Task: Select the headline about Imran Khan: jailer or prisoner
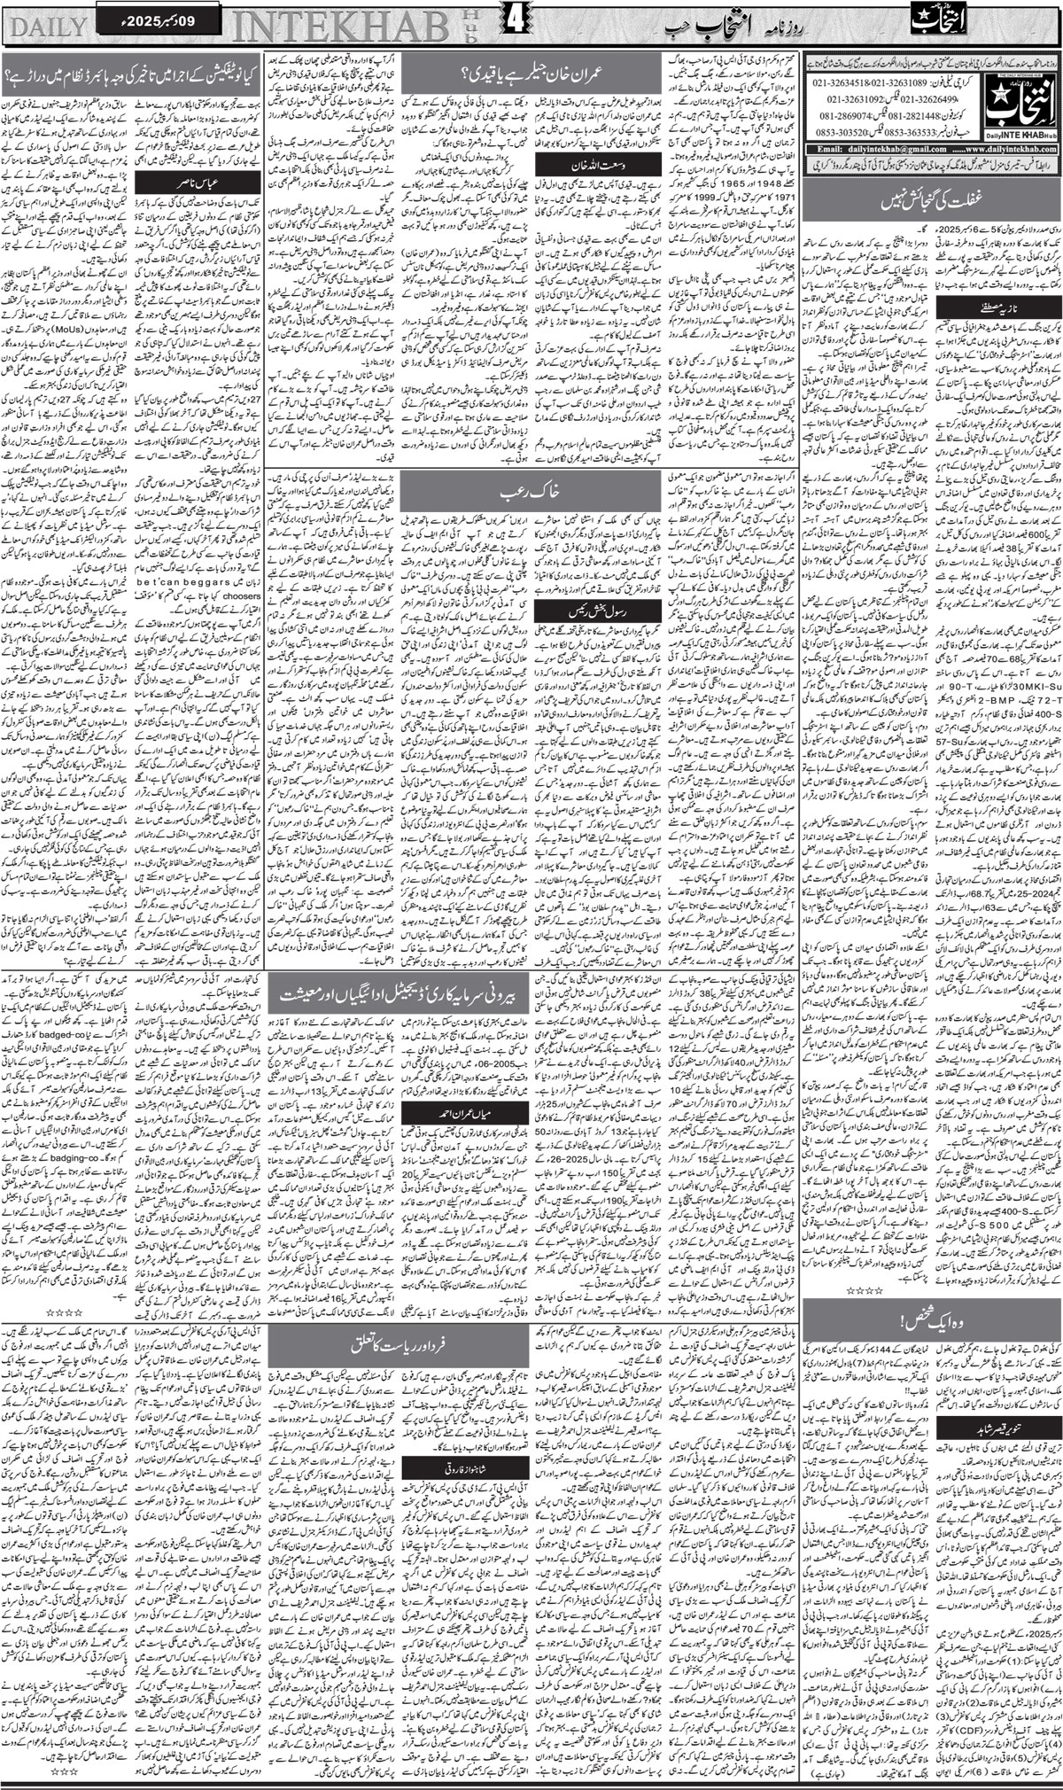pos(531,74)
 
